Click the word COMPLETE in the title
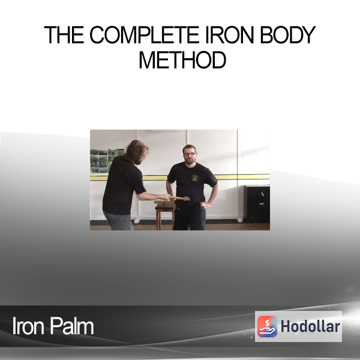[x=144, y=35]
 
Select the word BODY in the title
[x=287, y=35]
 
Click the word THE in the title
[x=64, y=35]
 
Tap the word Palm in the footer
[x=72, y=326]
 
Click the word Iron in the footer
[x=28, y=326]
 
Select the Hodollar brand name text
[x=310, y=326]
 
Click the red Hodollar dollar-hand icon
[x=267, y=326]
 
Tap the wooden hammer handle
[x=176, y=197]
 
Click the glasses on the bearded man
[x=190, y=154]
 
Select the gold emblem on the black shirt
[x=194, y=178]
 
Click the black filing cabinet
[x=257, y=203]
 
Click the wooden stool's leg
[x=158, y=219]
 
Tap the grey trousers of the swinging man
[x=118, y=220]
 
